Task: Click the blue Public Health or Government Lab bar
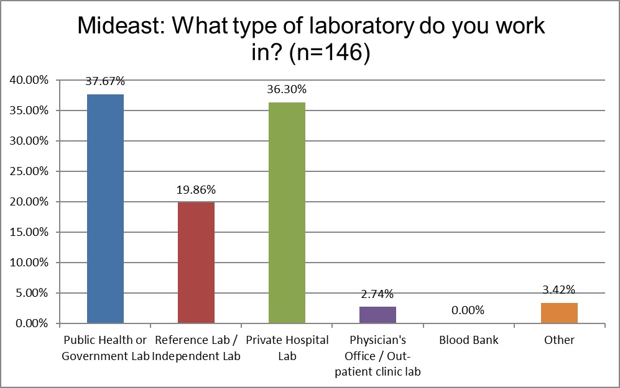[x=105, y=209]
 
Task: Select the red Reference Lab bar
[x=196, y=263]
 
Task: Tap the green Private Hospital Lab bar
[x=287, y=213]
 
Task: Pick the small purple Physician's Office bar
[x=377, y=315]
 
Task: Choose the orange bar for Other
[x=559, y=313]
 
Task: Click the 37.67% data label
[x=105, y=81]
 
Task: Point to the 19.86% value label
[x=196, y=189]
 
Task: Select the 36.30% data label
[x=287, y=89]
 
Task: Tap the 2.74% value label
[x=377, y=294]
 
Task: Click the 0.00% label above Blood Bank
[x=468, y=310]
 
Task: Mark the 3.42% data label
[x=559, y=289]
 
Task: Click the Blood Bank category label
[x=468, y=340]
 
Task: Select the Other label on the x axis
[x=559, y=340]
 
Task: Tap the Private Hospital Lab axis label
[x=287, y=348]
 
